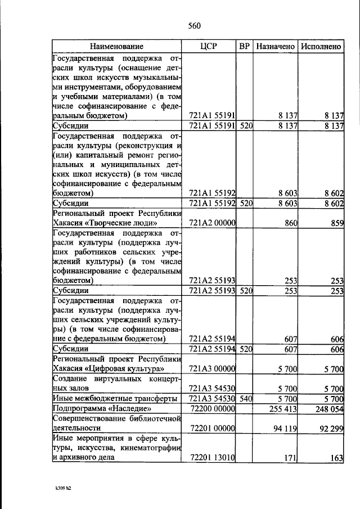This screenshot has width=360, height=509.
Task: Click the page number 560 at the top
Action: pyautogui.click(x=194, y=25)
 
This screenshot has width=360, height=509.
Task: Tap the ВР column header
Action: pyautogui.click(x=245, y=47)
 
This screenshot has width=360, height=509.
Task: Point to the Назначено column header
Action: pyautogui.click(x=276, y=47)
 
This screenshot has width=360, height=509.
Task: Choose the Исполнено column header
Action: pyautogui.click(x=321, y=47)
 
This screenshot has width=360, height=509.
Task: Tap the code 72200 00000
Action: pyautogui.click(x=212, y=409)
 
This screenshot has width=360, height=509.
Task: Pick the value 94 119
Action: pyautogui.click(x=284, y=429)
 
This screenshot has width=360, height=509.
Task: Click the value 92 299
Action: pyautogui.click(x=329, y=429)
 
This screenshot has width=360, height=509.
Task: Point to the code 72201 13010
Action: pyautogui.click(x=212, y=458)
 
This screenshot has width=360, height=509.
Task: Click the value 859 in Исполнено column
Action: pyautogui.click(x=336, y=223)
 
